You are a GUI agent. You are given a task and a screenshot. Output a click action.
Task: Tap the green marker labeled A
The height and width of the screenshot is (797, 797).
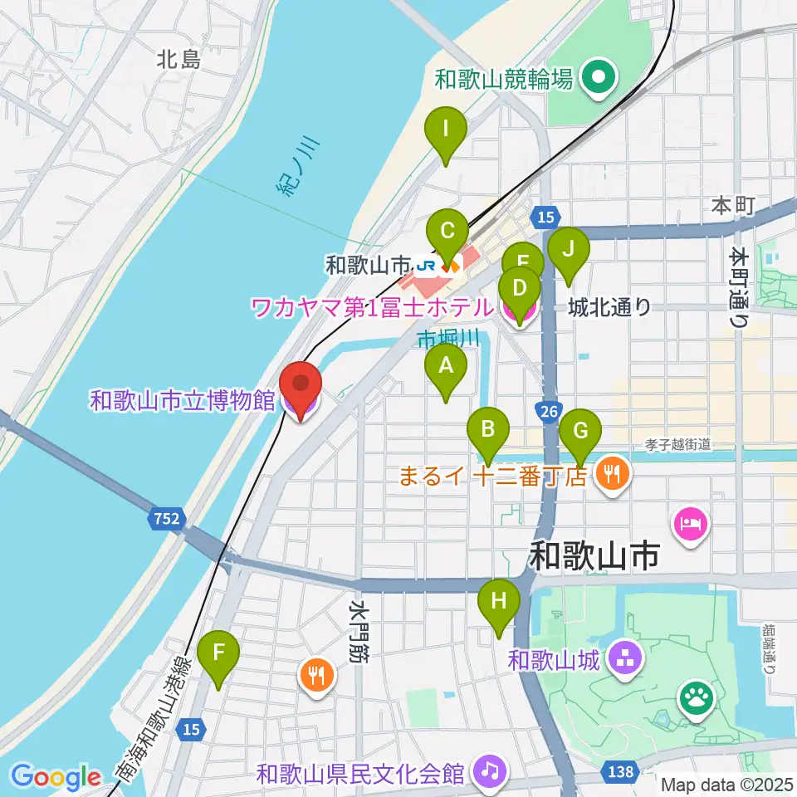446,366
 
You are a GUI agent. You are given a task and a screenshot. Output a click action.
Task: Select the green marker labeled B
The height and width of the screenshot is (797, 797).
489,431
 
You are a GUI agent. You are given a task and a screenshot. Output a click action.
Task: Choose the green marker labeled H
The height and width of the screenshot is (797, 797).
499,602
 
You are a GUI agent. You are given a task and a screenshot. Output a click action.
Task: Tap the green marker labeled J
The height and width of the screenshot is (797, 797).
568,250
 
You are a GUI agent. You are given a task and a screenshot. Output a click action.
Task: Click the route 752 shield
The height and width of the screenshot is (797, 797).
166,520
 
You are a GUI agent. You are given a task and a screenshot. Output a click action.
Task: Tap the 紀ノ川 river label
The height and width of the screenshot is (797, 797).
297,169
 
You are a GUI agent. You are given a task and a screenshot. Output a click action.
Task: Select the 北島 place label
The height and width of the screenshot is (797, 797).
178,59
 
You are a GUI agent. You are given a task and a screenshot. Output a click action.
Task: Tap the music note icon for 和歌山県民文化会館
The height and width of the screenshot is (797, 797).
490,773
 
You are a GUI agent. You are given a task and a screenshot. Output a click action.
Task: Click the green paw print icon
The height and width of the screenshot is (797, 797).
697,698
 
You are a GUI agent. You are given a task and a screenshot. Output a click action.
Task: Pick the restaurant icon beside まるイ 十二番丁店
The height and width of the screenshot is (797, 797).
613,475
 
